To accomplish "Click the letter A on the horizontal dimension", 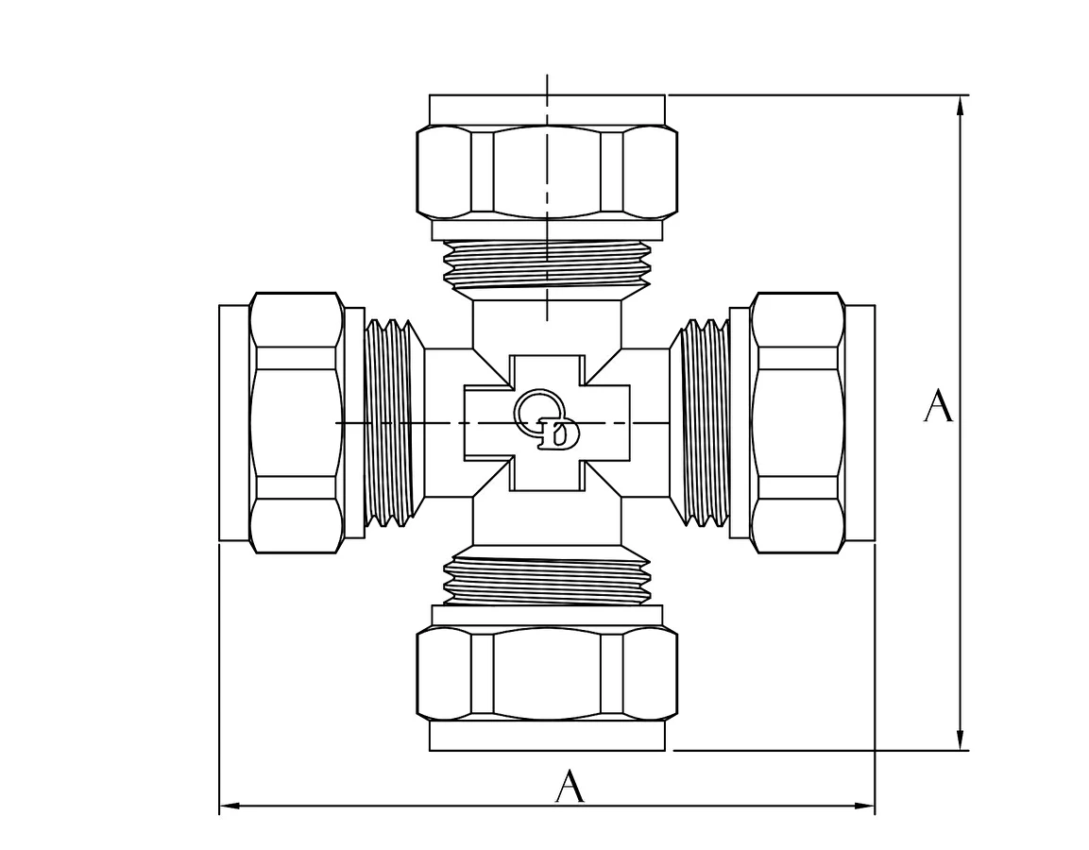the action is tap(570, 786).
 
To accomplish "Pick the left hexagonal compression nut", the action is tap(297, 422).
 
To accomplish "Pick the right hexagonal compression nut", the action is tap(798, 422).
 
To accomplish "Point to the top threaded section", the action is tap(547, 265).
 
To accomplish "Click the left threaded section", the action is tap(394, 422).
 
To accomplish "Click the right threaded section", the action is tap(699, 422).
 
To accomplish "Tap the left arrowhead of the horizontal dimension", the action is tap(230, 807).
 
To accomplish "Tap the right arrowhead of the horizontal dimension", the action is tap(864, 807).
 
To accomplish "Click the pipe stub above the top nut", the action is tap(547, 110).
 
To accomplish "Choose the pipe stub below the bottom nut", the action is tap(547, 736).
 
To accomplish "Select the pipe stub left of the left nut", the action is tap(234, 422).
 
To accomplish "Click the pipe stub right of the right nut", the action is tap(860, 422).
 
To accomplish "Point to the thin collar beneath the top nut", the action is tap(547, 229).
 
